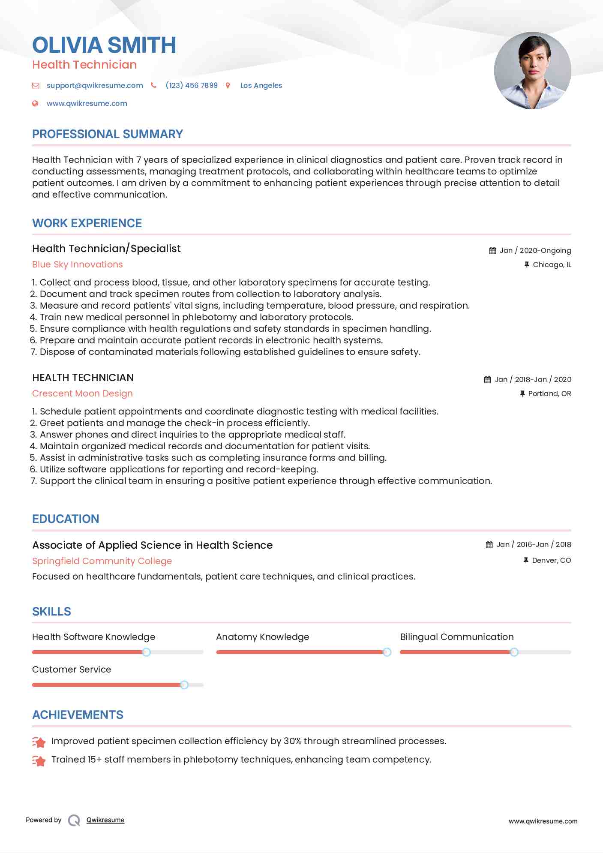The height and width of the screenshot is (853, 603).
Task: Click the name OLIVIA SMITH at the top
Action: [104, 45]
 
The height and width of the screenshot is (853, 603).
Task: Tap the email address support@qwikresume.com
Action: [95, 85]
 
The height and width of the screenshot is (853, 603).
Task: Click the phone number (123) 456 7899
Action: [192, 85]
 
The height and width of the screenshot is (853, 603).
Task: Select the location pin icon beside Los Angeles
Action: [228, 85]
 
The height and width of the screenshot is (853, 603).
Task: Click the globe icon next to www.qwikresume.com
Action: [35, 103]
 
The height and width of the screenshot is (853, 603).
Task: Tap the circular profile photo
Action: [532, 71]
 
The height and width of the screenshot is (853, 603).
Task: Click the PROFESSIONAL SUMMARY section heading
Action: [108, 134]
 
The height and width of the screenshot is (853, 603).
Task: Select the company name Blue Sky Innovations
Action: [78, 264]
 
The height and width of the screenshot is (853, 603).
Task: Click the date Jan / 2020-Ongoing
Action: [535, 250]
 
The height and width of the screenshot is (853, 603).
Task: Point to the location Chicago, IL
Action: [552, 265]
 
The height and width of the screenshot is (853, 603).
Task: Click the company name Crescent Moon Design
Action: [82, 393]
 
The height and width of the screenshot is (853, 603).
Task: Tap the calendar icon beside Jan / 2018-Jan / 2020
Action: [488, 379]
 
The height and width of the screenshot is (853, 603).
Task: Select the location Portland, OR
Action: [549, 393]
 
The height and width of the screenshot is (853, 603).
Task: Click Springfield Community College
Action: [102, 561]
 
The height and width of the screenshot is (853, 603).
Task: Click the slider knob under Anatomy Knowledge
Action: [387, 652]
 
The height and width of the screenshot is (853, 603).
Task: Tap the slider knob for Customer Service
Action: [184, 685]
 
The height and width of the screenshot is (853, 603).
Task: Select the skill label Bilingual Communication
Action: [457, 637]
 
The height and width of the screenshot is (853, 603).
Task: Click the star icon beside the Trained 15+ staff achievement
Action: [39, 761]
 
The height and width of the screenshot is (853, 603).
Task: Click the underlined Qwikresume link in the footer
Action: [105, 820]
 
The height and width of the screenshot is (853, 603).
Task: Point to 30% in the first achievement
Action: [293, 741]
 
